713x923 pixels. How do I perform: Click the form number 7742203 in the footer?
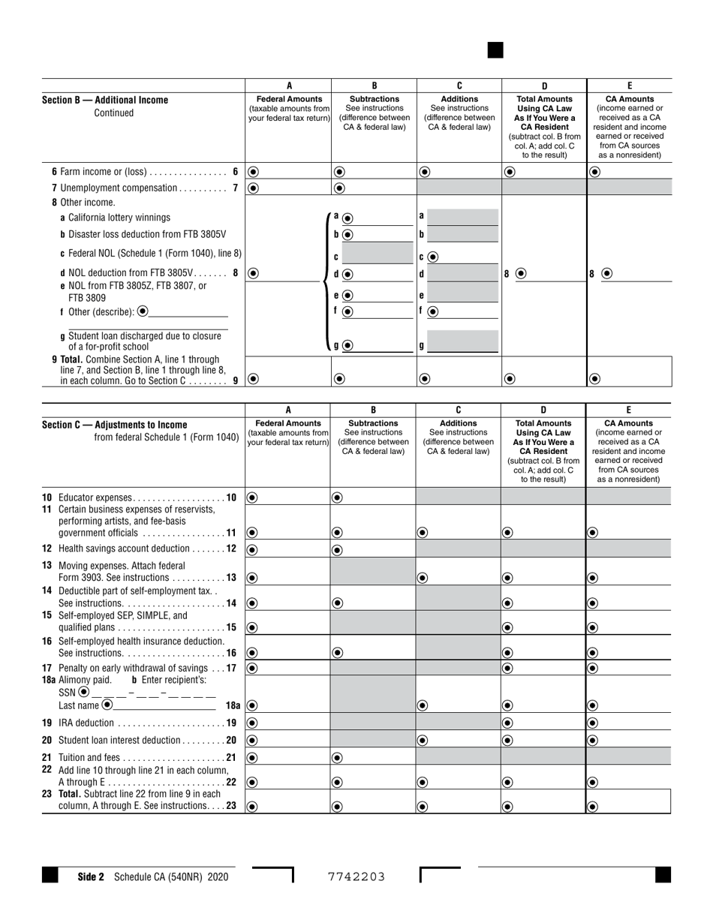(x=356, y=876)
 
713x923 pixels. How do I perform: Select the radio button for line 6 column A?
(x=253, y=172)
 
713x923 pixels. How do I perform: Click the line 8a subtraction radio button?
(x=348, y=218)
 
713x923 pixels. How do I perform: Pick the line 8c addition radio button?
(x=433, y=257)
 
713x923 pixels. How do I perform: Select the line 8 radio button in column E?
(x=606, y=274)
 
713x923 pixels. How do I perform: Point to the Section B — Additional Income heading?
(x=105, y=100)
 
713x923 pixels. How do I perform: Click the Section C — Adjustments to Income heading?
(x=115, y=425)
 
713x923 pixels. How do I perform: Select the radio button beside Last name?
(x=107, y=705)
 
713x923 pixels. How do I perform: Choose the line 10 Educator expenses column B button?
(x=338, y=497)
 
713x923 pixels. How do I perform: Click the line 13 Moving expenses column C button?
(x=423, y=578)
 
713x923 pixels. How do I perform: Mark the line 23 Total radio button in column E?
(x=593, y=807)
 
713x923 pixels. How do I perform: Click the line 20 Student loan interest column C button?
(x=423, y=740)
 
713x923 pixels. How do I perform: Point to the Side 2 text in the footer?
(x=91, y=876)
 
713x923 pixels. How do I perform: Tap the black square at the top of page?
(x=495, y=50)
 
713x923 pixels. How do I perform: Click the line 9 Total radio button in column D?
(x=510, y=379)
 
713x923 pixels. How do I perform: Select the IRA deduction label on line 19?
(x=86, y=723)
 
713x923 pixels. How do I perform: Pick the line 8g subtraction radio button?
(x=348, y=346)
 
